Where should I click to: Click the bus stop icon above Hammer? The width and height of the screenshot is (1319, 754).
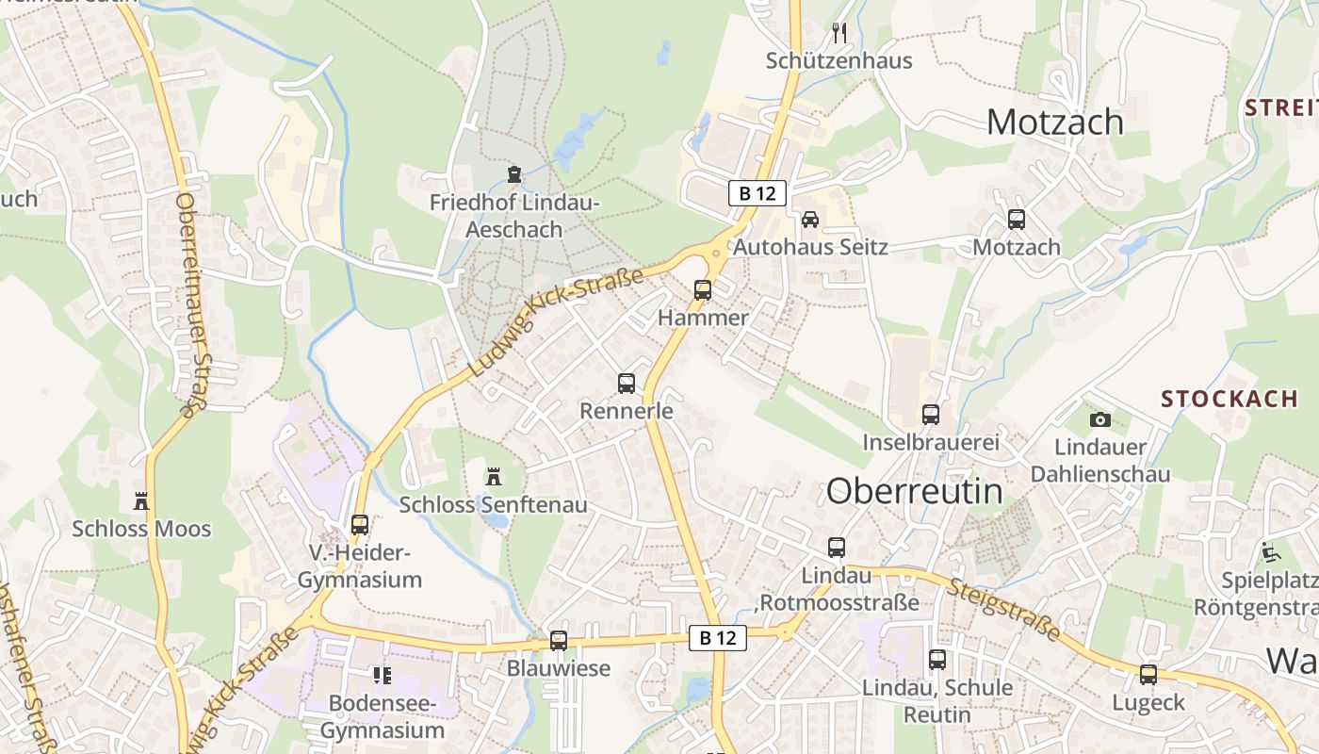click(703, 290)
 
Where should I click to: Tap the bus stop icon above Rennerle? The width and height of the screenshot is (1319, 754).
click(627, 384)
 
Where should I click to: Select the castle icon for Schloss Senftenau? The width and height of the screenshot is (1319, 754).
click(493, 477)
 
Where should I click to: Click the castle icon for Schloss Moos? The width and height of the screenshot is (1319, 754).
click(141, 500)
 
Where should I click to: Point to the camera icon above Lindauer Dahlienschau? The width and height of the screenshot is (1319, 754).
click(1099, 419)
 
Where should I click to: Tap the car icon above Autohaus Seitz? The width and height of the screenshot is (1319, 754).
click(809, 220)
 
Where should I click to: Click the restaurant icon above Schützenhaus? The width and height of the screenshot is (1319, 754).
click(839, 33)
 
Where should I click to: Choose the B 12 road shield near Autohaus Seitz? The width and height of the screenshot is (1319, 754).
click(757, 193)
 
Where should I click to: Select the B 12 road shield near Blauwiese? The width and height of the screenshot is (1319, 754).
click(718, 638)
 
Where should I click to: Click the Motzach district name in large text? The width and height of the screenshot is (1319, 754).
click(1055, 123)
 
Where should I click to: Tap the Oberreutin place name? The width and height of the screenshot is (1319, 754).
click(914, 491)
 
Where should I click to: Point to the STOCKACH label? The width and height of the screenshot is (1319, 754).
click(1229, 399)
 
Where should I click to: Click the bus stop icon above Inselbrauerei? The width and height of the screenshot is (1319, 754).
click(931, 414)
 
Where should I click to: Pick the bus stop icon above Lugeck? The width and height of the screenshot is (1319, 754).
click(1148, 675)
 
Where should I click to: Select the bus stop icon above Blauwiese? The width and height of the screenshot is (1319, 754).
click(559, 641)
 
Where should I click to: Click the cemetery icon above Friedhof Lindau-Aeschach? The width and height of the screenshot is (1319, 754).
click(513, 174)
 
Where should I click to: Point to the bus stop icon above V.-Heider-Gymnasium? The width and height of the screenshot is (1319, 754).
click(360, 525)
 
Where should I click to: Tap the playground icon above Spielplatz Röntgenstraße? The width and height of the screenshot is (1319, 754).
click(1270, 551)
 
